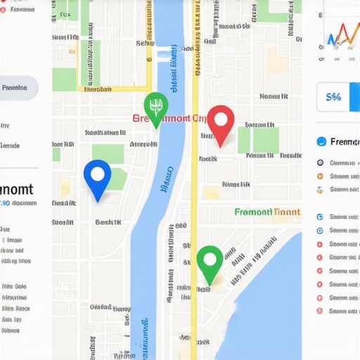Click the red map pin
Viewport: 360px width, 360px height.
[221, 122]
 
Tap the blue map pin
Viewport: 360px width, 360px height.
[97, 176]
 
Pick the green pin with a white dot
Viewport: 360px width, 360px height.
[210, 262]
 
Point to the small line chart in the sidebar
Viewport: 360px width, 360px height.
[341, 35]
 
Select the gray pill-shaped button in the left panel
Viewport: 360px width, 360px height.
[17, 88]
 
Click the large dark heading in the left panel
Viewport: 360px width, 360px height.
[15, 189]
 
